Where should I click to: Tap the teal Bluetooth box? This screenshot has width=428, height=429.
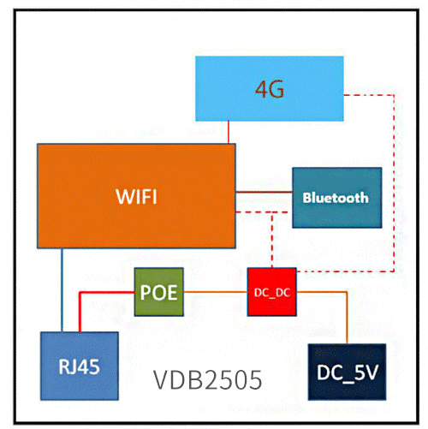(x=335, y=197)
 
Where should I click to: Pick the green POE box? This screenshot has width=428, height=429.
(x=158, y=292)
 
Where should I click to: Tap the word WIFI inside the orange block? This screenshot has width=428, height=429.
(x=136, y=196)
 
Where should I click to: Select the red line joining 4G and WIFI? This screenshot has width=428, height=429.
(x=229, y=131)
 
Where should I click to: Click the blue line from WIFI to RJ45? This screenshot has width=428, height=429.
(x=61, y=291)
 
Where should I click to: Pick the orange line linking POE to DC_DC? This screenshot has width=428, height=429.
(x=214, y=292)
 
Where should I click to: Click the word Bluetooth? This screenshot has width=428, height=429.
(x=335, y=197)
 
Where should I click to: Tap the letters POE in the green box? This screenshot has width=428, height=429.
(x=158, y=292)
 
